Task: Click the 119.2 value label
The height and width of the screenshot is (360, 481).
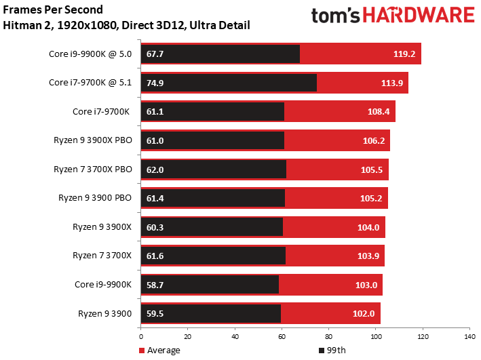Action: pos(404,54)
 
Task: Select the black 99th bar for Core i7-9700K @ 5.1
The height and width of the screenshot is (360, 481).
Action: pos(229,83)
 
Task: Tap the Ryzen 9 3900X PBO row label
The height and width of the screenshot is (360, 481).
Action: pos(93,140)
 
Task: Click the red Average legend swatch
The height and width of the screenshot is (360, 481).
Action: pos(142,351)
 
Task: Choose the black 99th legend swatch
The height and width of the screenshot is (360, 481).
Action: pos(322,351)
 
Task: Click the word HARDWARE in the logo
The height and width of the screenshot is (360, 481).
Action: pos(419,16)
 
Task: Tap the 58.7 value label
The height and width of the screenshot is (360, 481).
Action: pos(155,285)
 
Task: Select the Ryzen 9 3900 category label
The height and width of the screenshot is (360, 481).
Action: pos(105,314)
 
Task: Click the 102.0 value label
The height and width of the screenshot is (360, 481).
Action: pos(364,314)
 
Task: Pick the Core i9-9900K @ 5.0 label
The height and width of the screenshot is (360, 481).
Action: pos(90,54)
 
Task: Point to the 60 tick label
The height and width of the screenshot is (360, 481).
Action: pos(282,337)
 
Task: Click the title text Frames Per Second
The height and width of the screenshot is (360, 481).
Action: pos(53,9)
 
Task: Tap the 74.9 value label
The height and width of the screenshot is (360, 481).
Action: pos(155,83)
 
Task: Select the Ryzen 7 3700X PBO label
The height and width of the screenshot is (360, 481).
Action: pos(93,169)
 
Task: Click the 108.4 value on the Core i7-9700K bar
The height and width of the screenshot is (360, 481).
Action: pos(379,112)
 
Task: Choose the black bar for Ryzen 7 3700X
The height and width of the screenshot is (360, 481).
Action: pos(213,256)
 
